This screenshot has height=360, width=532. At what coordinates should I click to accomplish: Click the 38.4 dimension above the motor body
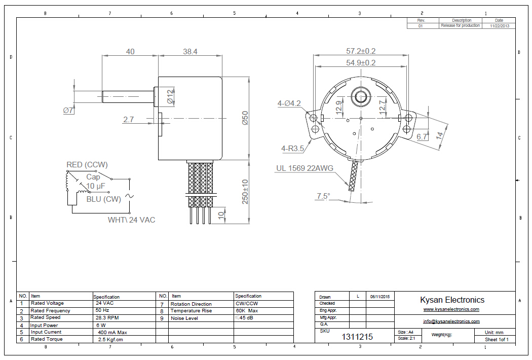click(189, 51)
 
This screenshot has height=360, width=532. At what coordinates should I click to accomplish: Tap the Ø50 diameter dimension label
click(244, 118)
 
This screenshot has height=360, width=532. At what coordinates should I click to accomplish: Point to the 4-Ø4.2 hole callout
click(289, 103)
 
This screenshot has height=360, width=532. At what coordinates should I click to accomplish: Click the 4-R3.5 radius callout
click(292, 149)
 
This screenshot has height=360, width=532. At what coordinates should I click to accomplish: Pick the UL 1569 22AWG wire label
click(305, 168)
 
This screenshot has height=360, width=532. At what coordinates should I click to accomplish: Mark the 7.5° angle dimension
click(323, 196)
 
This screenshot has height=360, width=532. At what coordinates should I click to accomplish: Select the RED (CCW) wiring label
click(87, 165)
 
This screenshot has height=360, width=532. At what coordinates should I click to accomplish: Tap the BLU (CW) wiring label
click(104, 199)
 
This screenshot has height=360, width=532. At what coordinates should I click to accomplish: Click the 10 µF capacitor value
click(95, 187)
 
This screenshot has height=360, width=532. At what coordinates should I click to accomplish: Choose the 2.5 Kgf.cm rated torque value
click(110, 339)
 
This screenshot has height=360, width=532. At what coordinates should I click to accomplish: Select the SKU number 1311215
click(357, 337)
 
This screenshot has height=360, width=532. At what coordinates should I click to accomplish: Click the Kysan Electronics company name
click(452, 300)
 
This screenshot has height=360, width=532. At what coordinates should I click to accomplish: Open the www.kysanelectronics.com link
click(451, 309)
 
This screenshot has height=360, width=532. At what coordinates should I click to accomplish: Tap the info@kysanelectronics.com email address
click(451, 321)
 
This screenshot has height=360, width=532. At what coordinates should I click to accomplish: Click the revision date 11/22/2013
click(499, 25)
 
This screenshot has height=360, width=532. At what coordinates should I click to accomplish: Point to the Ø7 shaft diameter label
click(68, 110)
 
